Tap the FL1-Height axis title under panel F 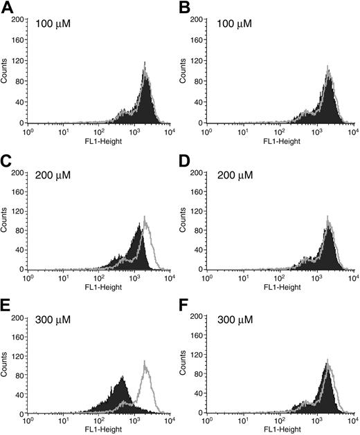point(284,429)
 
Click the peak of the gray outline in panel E point(145,360)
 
